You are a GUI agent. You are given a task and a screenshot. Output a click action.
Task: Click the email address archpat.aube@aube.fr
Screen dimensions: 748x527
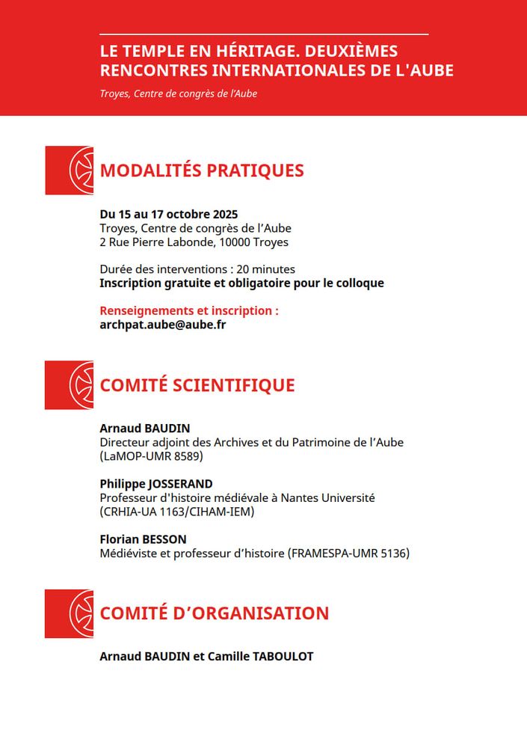pyautogui.click(x=162, y=325)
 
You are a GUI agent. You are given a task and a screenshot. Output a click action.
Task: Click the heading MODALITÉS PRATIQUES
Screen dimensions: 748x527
pyautogui.click(x=202, y=171)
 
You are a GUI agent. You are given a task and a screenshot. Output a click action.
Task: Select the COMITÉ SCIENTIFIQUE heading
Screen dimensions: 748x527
pyautogui.click(x=197, y=385)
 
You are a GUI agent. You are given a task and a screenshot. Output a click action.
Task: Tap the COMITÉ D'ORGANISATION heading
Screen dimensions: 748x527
pyautogui.click(x=215, y=613)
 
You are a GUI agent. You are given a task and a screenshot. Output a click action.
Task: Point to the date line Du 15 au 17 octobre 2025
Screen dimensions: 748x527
pyautogui.click(x=169, y=215)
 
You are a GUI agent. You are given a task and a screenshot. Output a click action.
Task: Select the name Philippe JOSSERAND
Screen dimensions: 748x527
pyautogui.click(x=156, y=483)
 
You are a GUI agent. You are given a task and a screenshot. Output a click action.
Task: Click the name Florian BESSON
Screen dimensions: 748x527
pyautogui.click(x=143, y=539)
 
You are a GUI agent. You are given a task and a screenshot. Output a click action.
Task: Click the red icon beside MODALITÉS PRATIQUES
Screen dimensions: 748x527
pyautogui.click(x=70, y=171)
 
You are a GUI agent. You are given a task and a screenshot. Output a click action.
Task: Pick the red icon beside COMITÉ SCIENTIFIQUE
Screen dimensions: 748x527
pyautogui.click(x=70, y=385)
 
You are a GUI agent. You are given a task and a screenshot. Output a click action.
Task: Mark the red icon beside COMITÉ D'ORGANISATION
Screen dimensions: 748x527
pyautogui.click(x=70, y=613)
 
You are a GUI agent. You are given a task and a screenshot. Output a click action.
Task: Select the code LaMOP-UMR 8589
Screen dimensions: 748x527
pyautogui.click(x=151, y=456)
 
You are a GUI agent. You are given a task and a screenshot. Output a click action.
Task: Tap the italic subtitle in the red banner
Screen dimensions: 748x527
pyautogui.click(x=179, y=94)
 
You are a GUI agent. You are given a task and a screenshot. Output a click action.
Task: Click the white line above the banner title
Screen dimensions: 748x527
pyautogui.click(x=264, y=34)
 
